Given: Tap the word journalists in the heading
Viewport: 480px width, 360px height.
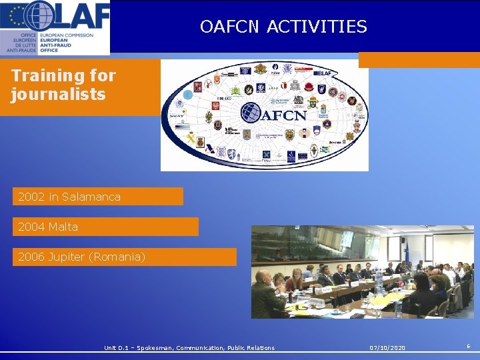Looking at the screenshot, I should click(x=58, y=94).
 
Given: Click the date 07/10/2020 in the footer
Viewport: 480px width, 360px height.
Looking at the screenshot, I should click(x=387, y=348).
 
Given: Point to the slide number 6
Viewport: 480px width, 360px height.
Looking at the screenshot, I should click(x=468, y=347).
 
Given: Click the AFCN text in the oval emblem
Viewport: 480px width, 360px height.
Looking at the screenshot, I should click(x=283, y=115).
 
